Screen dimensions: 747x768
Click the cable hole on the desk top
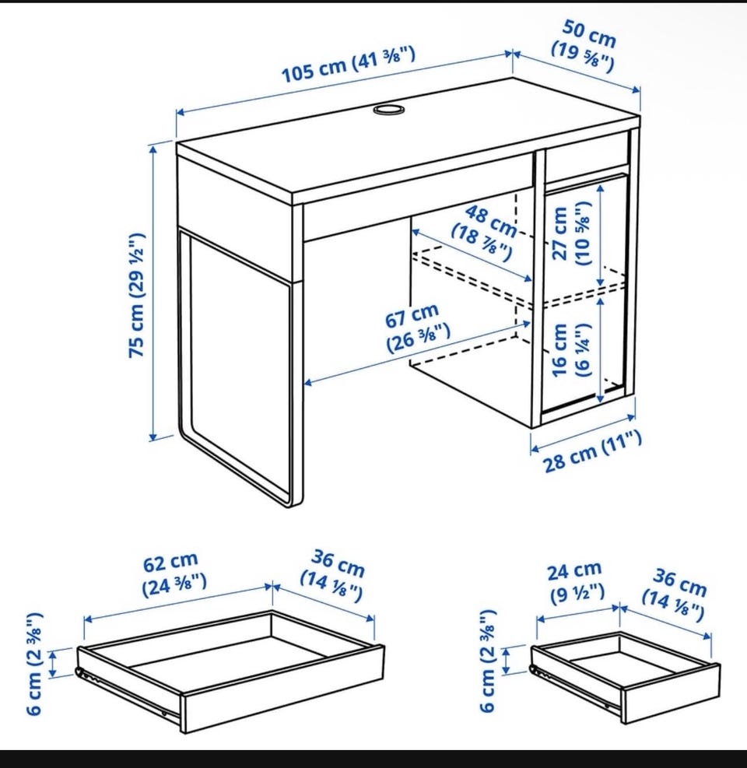(x=389, y=109)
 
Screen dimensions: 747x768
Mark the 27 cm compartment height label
(x=571, y=233)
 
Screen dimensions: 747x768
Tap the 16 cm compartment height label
(x=571, y=350)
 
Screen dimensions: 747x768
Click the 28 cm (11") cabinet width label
(x=592, y=451)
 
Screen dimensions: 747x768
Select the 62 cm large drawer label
(x=174, y=573)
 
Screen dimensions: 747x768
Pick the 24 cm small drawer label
(x=576, y=582)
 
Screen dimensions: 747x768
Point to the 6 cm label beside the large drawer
(x=35, y=664)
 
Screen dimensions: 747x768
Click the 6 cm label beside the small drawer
(x=488, y=661)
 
